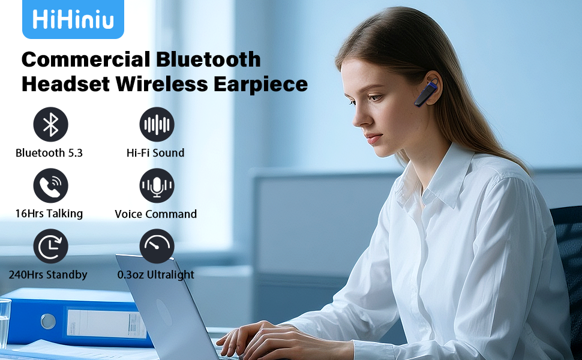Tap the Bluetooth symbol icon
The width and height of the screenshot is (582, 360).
tap(50, 125)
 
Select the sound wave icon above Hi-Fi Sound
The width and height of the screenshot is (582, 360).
tap(157, 125)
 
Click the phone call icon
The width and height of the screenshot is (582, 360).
tap(50, 186)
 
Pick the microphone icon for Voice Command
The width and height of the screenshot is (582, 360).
tap(157, 186)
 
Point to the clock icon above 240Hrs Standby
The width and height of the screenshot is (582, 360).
tap(50, 247)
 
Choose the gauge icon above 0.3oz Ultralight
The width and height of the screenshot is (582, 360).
tap(157, 247)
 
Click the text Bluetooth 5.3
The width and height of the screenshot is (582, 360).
tap(49, 153)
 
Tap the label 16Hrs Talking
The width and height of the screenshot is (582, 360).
tap(49, 214)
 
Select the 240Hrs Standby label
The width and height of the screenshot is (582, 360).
tap(48, 275)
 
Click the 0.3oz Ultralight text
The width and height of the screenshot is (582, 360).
tap(156, 275)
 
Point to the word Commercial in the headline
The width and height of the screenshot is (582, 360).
tap(85, 59)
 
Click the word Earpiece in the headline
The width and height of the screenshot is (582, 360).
tap(260, 84)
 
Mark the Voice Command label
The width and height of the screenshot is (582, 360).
tap(156, 214)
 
